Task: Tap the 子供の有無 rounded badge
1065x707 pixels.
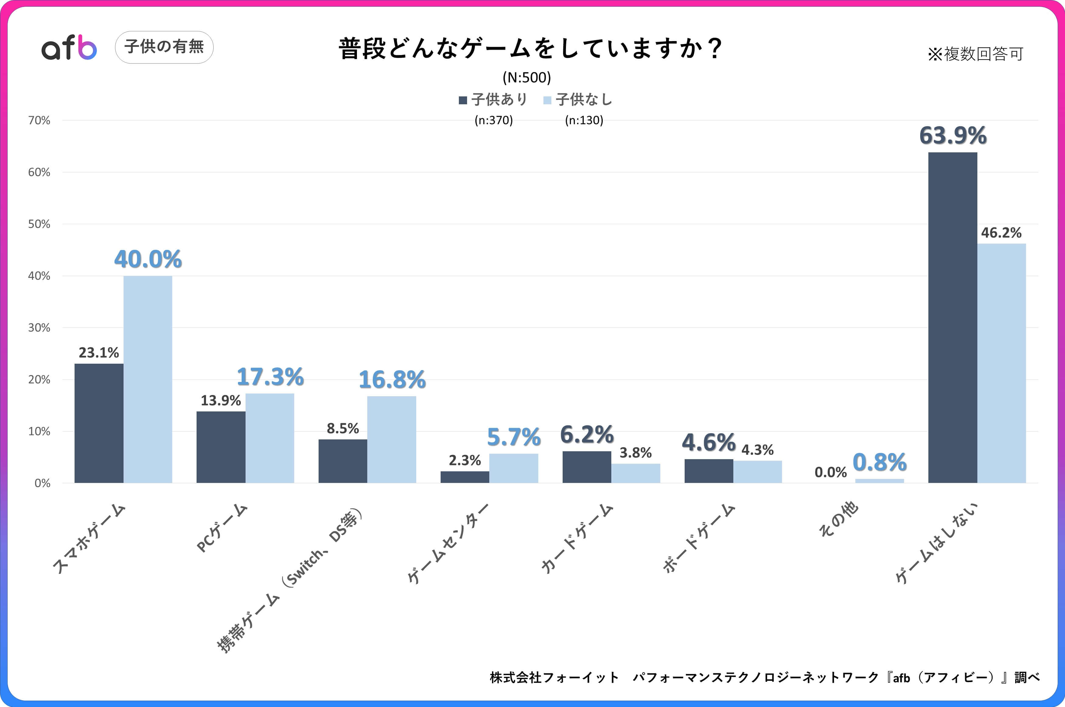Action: tap(164, 47)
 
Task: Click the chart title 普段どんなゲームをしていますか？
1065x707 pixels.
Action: tap(530, 49)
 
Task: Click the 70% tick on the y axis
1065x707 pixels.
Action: tap(39, 120)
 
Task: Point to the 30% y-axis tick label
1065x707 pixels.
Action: tap(39, 328)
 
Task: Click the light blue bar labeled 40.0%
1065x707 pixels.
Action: tap(148, 379)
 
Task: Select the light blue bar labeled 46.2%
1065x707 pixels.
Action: tap(1001, 363)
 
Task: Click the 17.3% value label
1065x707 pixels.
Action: tap(270, 377)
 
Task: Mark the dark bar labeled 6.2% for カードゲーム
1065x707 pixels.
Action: tap(586, 467)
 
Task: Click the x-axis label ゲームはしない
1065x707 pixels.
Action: tap(936, 543)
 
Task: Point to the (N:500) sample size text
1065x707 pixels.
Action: tap(527, 78)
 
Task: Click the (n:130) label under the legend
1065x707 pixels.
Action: tap(584, 120)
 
